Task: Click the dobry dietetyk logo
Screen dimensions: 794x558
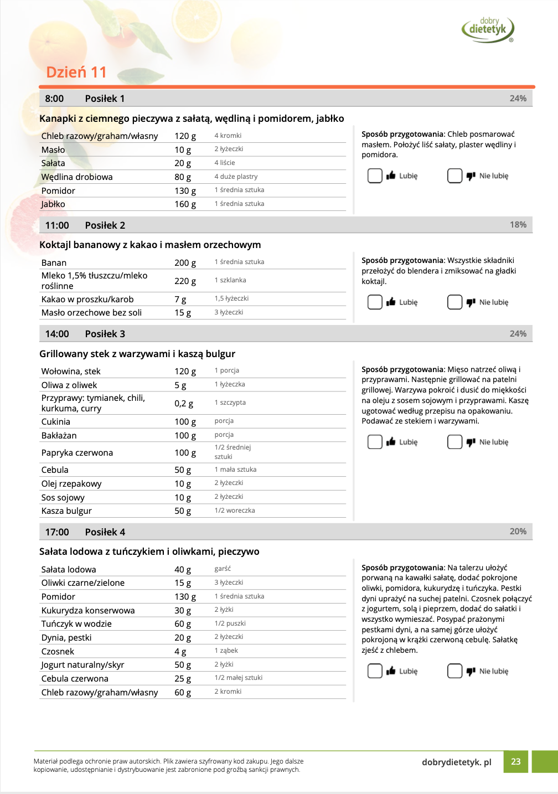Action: (488, 29)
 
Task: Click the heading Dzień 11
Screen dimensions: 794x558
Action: (76, 73)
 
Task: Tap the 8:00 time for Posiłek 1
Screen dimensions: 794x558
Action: (54, 99)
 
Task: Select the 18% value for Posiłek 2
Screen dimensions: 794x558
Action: (518, 225)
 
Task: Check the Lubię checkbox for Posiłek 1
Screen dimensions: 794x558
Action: (375, 176)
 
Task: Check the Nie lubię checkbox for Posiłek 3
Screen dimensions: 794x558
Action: (454, 442)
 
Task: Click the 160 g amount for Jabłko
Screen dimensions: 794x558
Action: (185, 204)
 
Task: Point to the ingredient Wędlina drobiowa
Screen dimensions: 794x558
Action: (77, 177)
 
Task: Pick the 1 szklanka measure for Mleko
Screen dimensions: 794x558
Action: (230, 280)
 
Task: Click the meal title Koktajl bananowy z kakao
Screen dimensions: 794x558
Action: (150, 245)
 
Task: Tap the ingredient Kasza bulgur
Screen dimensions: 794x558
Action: (66, 511)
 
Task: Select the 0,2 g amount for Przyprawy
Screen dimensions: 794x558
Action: (184, 404)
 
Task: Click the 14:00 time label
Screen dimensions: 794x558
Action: (57, 334)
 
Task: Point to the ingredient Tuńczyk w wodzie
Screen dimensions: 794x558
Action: (76, 624)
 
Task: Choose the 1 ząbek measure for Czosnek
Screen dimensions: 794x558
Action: (226, 651)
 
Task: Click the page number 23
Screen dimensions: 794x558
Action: (515, 762)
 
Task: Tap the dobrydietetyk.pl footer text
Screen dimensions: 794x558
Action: (456, 762)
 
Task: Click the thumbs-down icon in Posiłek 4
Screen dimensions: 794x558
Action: (471, 671)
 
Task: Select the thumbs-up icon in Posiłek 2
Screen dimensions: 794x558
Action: (391, 302)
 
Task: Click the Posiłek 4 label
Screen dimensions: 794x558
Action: (105, 532)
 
